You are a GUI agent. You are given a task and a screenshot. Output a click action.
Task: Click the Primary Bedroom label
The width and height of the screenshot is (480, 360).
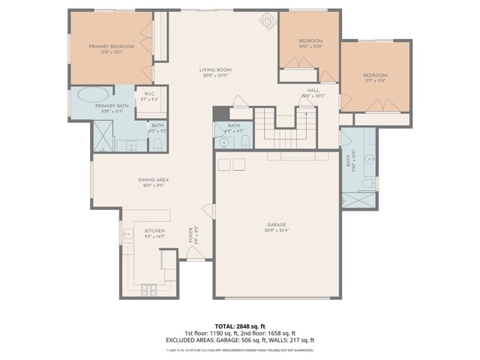(x=111, y=46)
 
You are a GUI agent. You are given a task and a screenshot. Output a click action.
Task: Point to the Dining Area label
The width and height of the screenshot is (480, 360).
(x=152, y=180)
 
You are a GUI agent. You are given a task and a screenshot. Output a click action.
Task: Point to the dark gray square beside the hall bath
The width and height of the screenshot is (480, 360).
(x=218, y=113)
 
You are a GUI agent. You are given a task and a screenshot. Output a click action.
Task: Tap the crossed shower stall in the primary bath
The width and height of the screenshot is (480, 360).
(x=101, y=137)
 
